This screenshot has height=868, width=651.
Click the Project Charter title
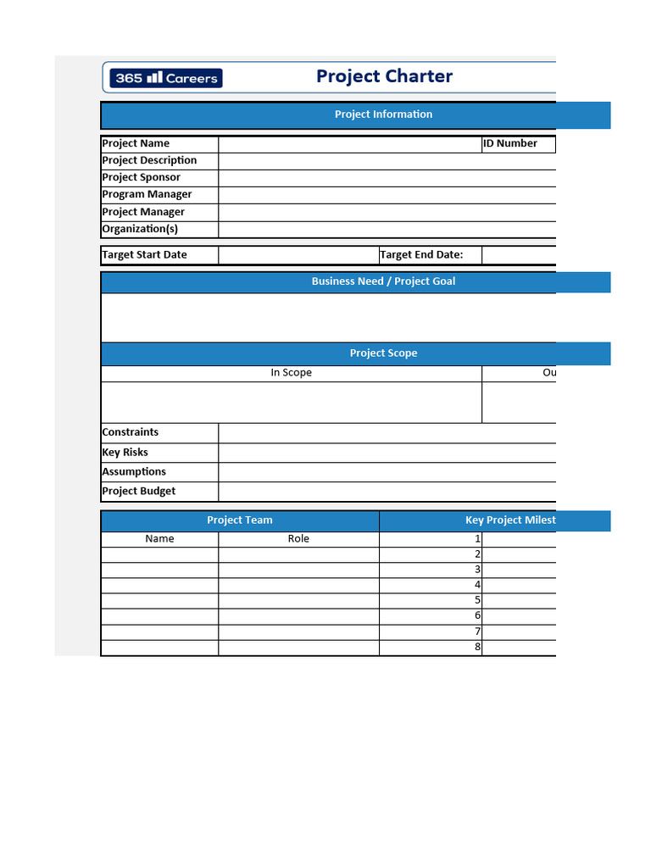(x=384, y=76)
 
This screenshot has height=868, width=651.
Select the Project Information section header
(x=383, y=114)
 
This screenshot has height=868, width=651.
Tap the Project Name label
(x=136, y=143)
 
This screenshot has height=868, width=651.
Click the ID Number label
(x=510, y=143)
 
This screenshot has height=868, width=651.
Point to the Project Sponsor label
(x=141, y=177)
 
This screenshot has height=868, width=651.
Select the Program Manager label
(x=147, y=194)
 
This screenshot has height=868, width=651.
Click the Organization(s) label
(x=140, y=229)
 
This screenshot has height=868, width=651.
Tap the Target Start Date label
(x=144, y=254)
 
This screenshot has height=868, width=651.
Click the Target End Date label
(x=421, y=254)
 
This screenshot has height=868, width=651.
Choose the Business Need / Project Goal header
(x=383, y=281)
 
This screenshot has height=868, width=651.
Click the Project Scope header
(x=383, y=353)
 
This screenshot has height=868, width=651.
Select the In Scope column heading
(x=291, y=373)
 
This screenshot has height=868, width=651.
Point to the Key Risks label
(x=125, y=452)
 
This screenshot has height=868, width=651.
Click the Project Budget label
(x=139, y=491)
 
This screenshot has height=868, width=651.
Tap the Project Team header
(x=240, y=520)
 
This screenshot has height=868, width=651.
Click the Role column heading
(x=298, y=538)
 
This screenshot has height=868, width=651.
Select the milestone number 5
(x=477, y=600)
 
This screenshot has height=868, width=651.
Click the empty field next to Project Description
(x=387, y=161)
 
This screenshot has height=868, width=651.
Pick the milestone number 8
(x=477, y=647)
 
